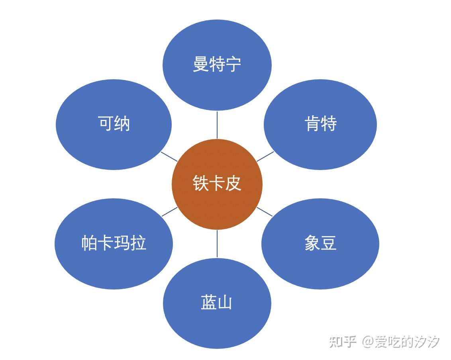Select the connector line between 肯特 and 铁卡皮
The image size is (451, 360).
click(265, 156)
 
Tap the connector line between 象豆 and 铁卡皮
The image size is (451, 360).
click(265, 212)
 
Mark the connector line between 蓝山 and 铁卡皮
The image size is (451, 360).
click(217, 243)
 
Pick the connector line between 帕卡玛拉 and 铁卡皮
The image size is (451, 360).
click(170, 211)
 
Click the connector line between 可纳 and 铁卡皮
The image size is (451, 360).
click(169, 156)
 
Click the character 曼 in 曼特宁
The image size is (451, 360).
click(201, 64)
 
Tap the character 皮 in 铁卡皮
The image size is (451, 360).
click(233, 184)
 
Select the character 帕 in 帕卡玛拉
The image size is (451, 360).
click(89, 243)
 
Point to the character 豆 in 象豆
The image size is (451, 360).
click(329, 243)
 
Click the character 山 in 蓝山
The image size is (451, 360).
click(225, 303)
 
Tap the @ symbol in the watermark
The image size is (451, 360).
click(367, 342)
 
